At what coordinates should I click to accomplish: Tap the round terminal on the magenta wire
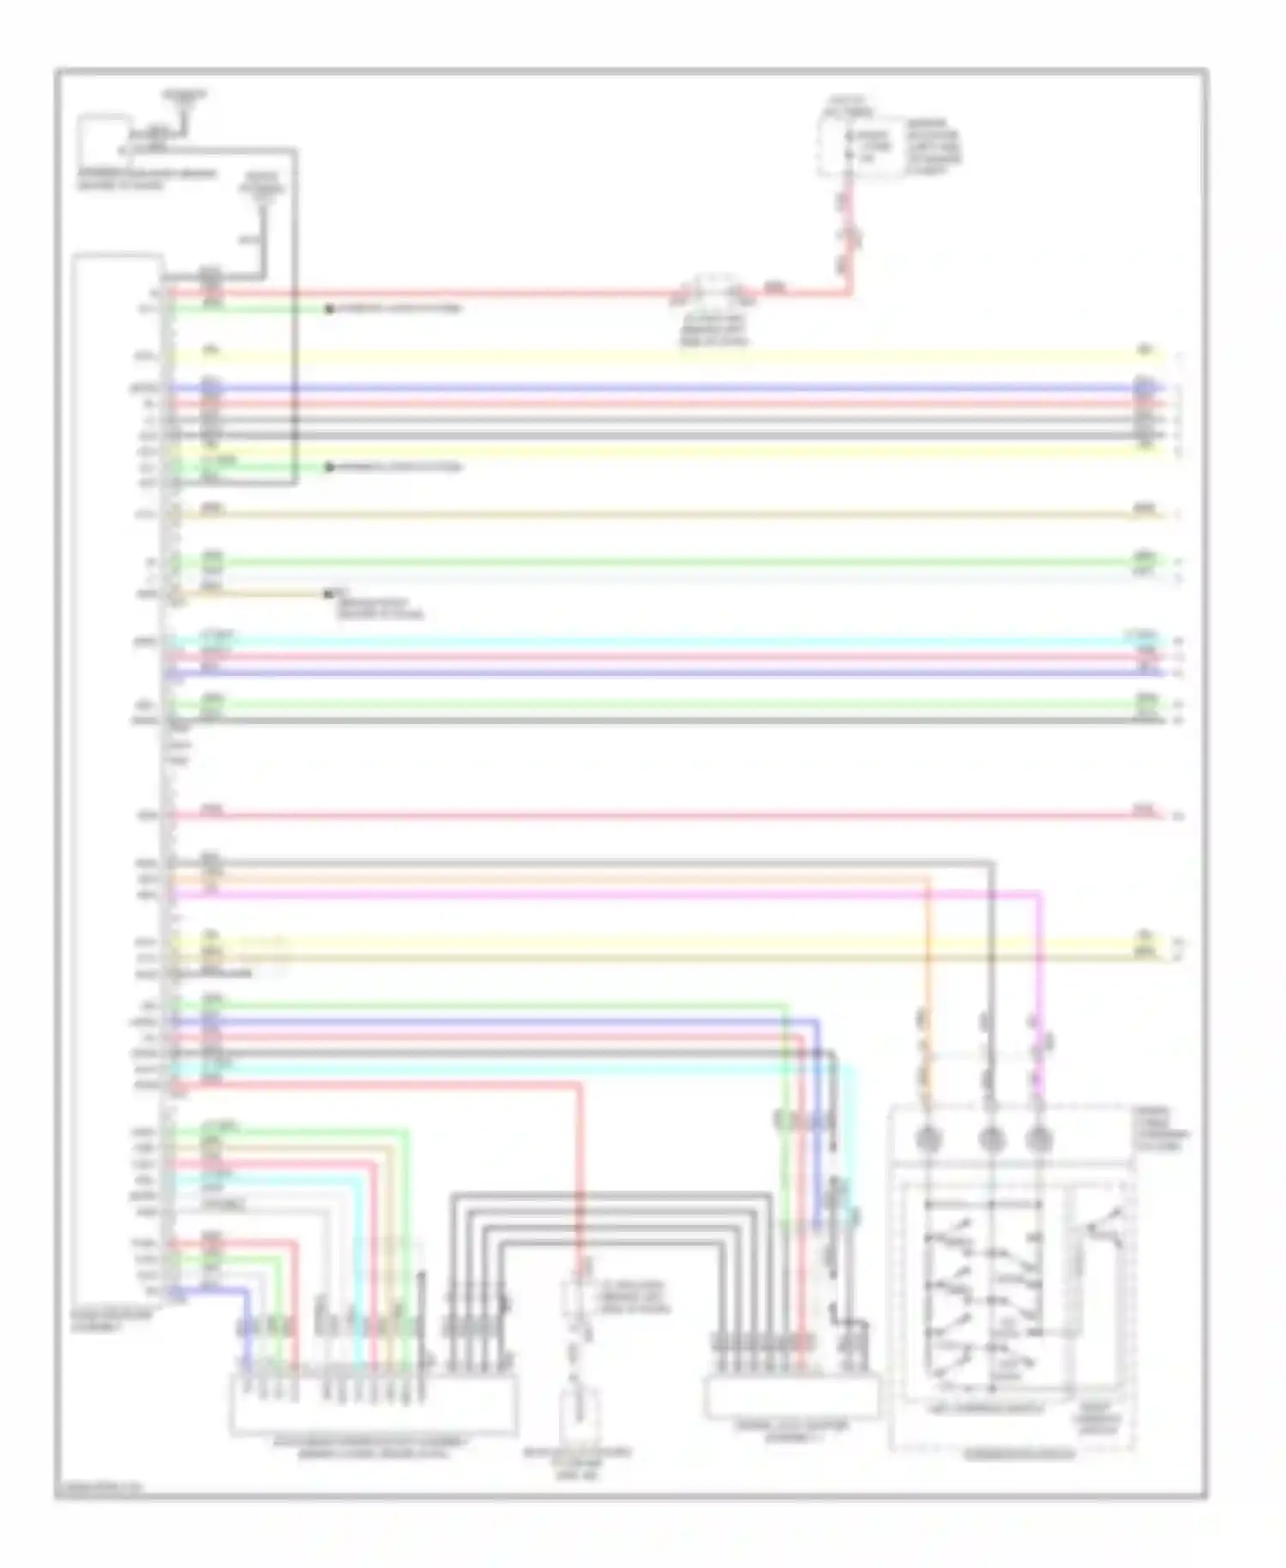pos(1038,1139)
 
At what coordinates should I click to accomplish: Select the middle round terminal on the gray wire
pos(990,1139)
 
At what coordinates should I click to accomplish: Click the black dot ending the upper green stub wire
pos(329,309)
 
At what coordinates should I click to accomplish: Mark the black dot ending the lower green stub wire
pos(329,467)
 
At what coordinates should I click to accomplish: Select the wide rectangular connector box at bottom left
pos(373,1402)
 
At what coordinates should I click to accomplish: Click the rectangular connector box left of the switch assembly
pos(790,1396)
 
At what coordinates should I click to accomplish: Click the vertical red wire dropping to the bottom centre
pos(580,1184)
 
